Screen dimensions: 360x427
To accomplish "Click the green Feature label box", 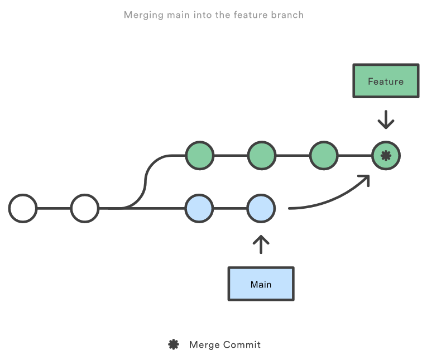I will [385, 81].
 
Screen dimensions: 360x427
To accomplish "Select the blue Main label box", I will [261, 284].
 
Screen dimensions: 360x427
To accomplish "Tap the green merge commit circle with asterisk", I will [386, 156].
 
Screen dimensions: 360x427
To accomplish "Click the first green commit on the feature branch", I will [199, 156].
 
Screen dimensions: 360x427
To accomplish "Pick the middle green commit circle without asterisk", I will [261, 156].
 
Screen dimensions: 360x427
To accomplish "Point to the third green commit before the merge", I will [324, 156].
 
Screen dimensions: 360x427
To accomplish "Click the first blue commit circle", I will [199, 208].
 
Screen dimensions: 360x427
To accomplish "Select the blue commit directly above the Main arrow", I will [261, 208].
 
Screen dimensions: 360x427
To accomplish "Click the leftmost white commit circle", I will [23, 208].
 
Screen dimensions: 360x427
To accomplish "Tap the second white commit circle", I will [85, 208].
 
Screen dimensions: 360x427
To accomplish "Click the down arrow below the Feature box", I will [386, 119].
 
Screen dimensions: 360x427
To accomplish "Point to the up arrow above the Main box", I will [261, 244].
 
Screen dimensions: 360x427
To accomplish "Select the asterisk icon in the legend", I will [174, 344].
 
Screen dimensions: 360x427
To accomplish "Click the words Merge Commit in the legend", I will [225, 344].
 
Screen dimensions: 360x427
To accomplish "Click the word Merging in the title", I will [144, 15].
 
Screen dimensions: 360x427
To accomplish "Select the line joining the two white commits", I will [54, 208].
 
